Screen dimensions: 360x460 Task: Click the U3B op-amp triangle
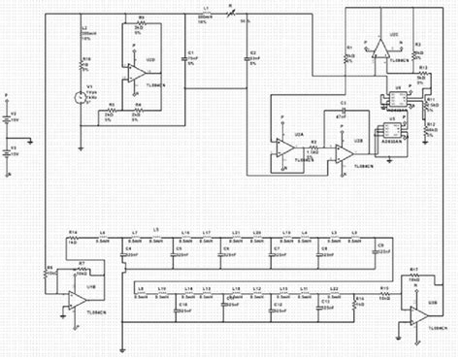413,312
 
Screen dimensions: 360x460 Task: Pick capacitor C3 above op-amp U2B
342,116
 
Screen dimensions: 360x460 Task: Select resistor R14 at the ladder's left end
75,239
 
